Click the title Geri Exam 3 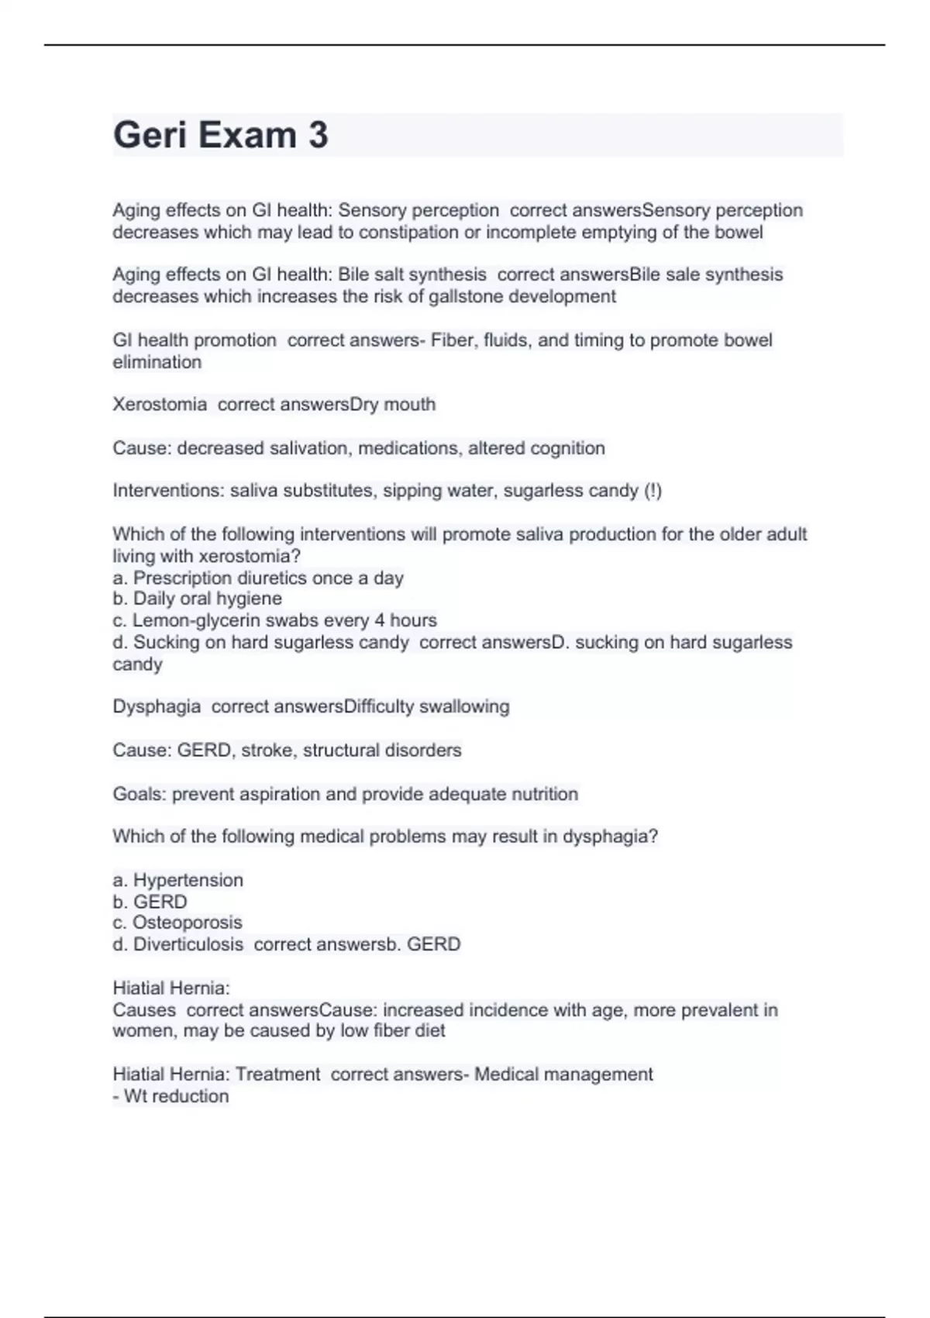(221, 135)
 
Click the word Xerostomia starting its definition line (160, 405)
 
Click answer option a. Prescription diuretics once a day (258, 578)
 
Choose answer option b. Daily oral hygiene (198, 599)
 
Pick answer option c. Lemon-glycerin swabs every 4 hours (275, 621)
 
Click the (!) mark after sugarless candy (653, 491)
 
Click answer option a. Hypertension (178, 881)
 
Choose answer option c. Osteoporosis (177, 923)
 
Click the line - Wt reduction (171, 1097)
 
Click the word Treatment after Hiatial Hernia (277, 1075)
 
